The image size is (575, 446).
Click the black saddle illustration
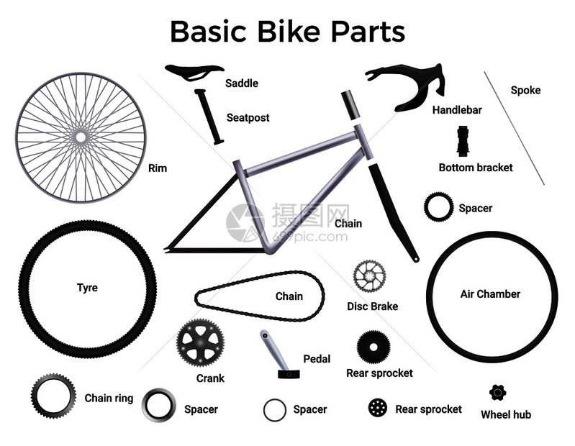tap(194, 70)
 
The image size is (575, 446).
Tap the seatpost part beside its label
tap(209, 117)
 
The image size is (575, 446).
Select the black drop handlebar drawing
tap(407, 85)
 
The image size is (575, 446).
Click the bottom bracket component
tap(463, 141)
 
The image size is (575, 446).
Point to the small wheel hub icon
tap(497, 393)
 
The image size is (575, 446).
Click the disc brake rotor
tap(370, 276)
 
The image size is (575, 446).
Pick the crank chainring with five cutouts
tap(200, 343)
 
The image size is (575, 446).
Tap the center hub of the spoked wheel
tap(81, 137)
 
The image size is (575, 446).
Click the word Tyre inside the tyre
tap(87, 288)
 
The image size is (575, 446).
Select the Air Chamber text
tap(490, 294)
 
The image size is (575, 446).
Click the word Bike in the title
tap(289, 32)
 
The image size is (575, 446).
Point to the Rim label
tap(158, 168)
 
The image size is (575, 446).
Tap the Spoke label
tap(525, 90)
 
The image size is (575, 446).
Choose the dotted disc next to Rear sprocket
tap(378, 408)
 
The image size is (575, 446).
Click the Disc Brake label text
tap(373, 306)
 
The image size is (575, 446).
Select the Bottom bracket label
tap(476, 168)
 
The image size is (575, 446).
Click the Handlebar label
tap(457, 110)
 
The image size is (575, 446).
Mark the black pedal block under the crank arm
tap(289, 374)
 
